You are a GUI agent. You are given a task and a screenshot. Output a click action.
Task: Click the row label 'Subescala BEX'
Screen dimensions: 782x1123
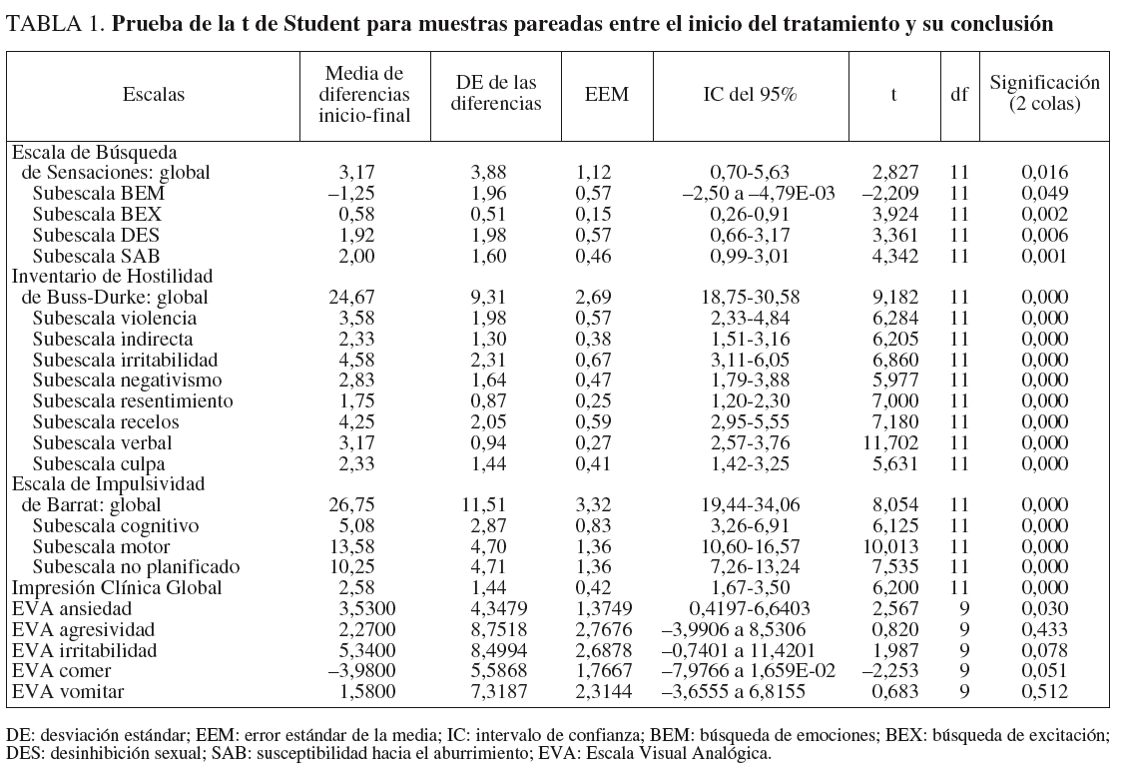97,214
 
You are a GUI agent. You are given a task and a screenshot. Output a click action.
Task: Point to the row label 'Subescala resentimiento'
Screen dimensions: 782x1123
133,400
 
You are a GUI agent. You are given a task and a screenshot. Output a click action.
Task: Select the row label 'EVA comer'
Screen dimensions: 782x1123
62,670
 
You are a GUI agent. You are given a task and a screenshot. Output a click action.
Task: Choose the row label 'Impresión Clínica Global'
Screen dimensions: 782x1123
116,587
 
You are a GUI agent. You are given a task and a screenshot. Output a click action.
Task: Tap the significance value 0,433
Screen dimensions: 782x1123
1044,629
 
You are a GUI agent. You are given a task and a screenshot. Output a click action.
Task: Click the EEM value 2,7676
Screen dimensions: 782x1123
607,629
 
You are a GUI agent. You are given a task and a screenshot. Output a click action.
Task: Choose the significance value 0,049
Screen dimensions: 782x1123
1044,193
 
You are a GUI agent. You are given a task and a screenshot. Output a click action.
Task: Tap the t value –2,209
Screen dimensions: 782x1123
889,193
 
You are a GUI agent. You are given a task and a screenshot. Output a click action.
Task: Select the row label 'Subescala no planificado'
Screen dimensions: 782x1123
137,567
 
